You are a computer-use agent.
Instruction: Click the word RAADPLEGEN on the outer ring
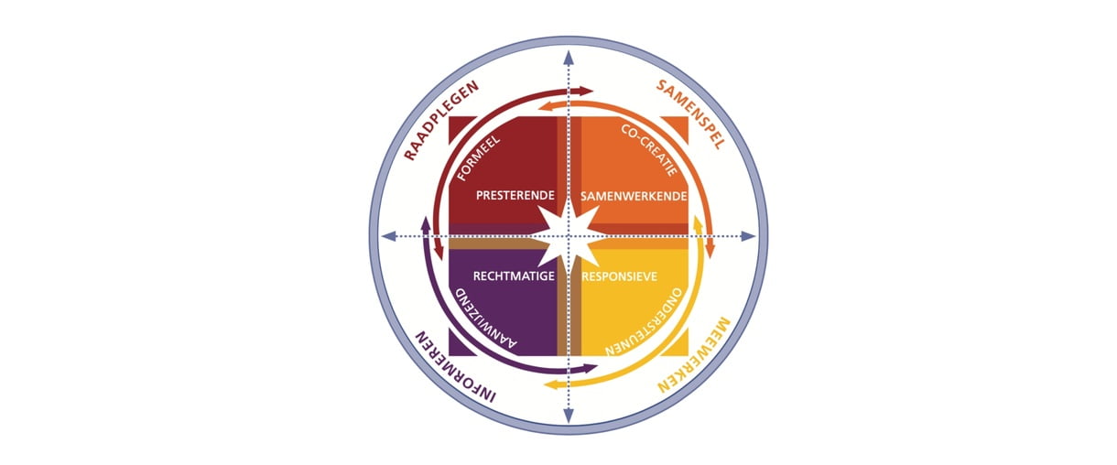[x=441, y=121]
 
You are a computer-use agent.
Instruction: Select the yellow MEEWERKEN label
[x=695, y=354]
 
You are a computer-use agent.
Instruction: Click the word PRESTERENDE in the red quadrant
[x=515, y=195]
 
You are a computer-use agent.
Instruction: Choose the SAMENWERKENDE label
[x=634, y=197]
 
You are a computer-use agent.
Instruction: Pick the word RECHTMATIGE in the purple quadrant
[x=514, y=276]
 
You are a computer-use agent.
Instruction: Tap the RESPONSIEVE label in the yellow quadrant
[x=619, y=276]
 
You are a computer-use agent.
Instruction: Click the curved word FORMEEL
[x=478, y=158]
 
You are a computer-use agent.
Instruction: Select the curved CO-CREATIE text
[x=649, y=150]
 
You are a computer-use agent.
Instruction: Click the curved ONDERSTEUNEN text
[x=644, y=321]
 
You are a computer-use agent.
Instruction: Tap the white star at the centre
[x=569, y=236]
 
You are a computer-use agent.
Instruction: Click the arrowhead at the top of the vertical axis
[x=569, y=58]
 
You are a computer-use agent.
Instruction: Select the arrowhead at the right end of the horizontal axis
[x=748, y=236]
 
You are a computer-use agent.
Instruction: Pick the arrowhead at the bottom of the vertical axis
[x=569, y=416]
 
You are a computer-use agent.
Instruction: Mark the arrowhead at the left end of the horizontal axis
[x=389, y=236]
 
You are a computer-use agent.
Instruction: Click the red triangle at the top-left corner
[x=460, y=127]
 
